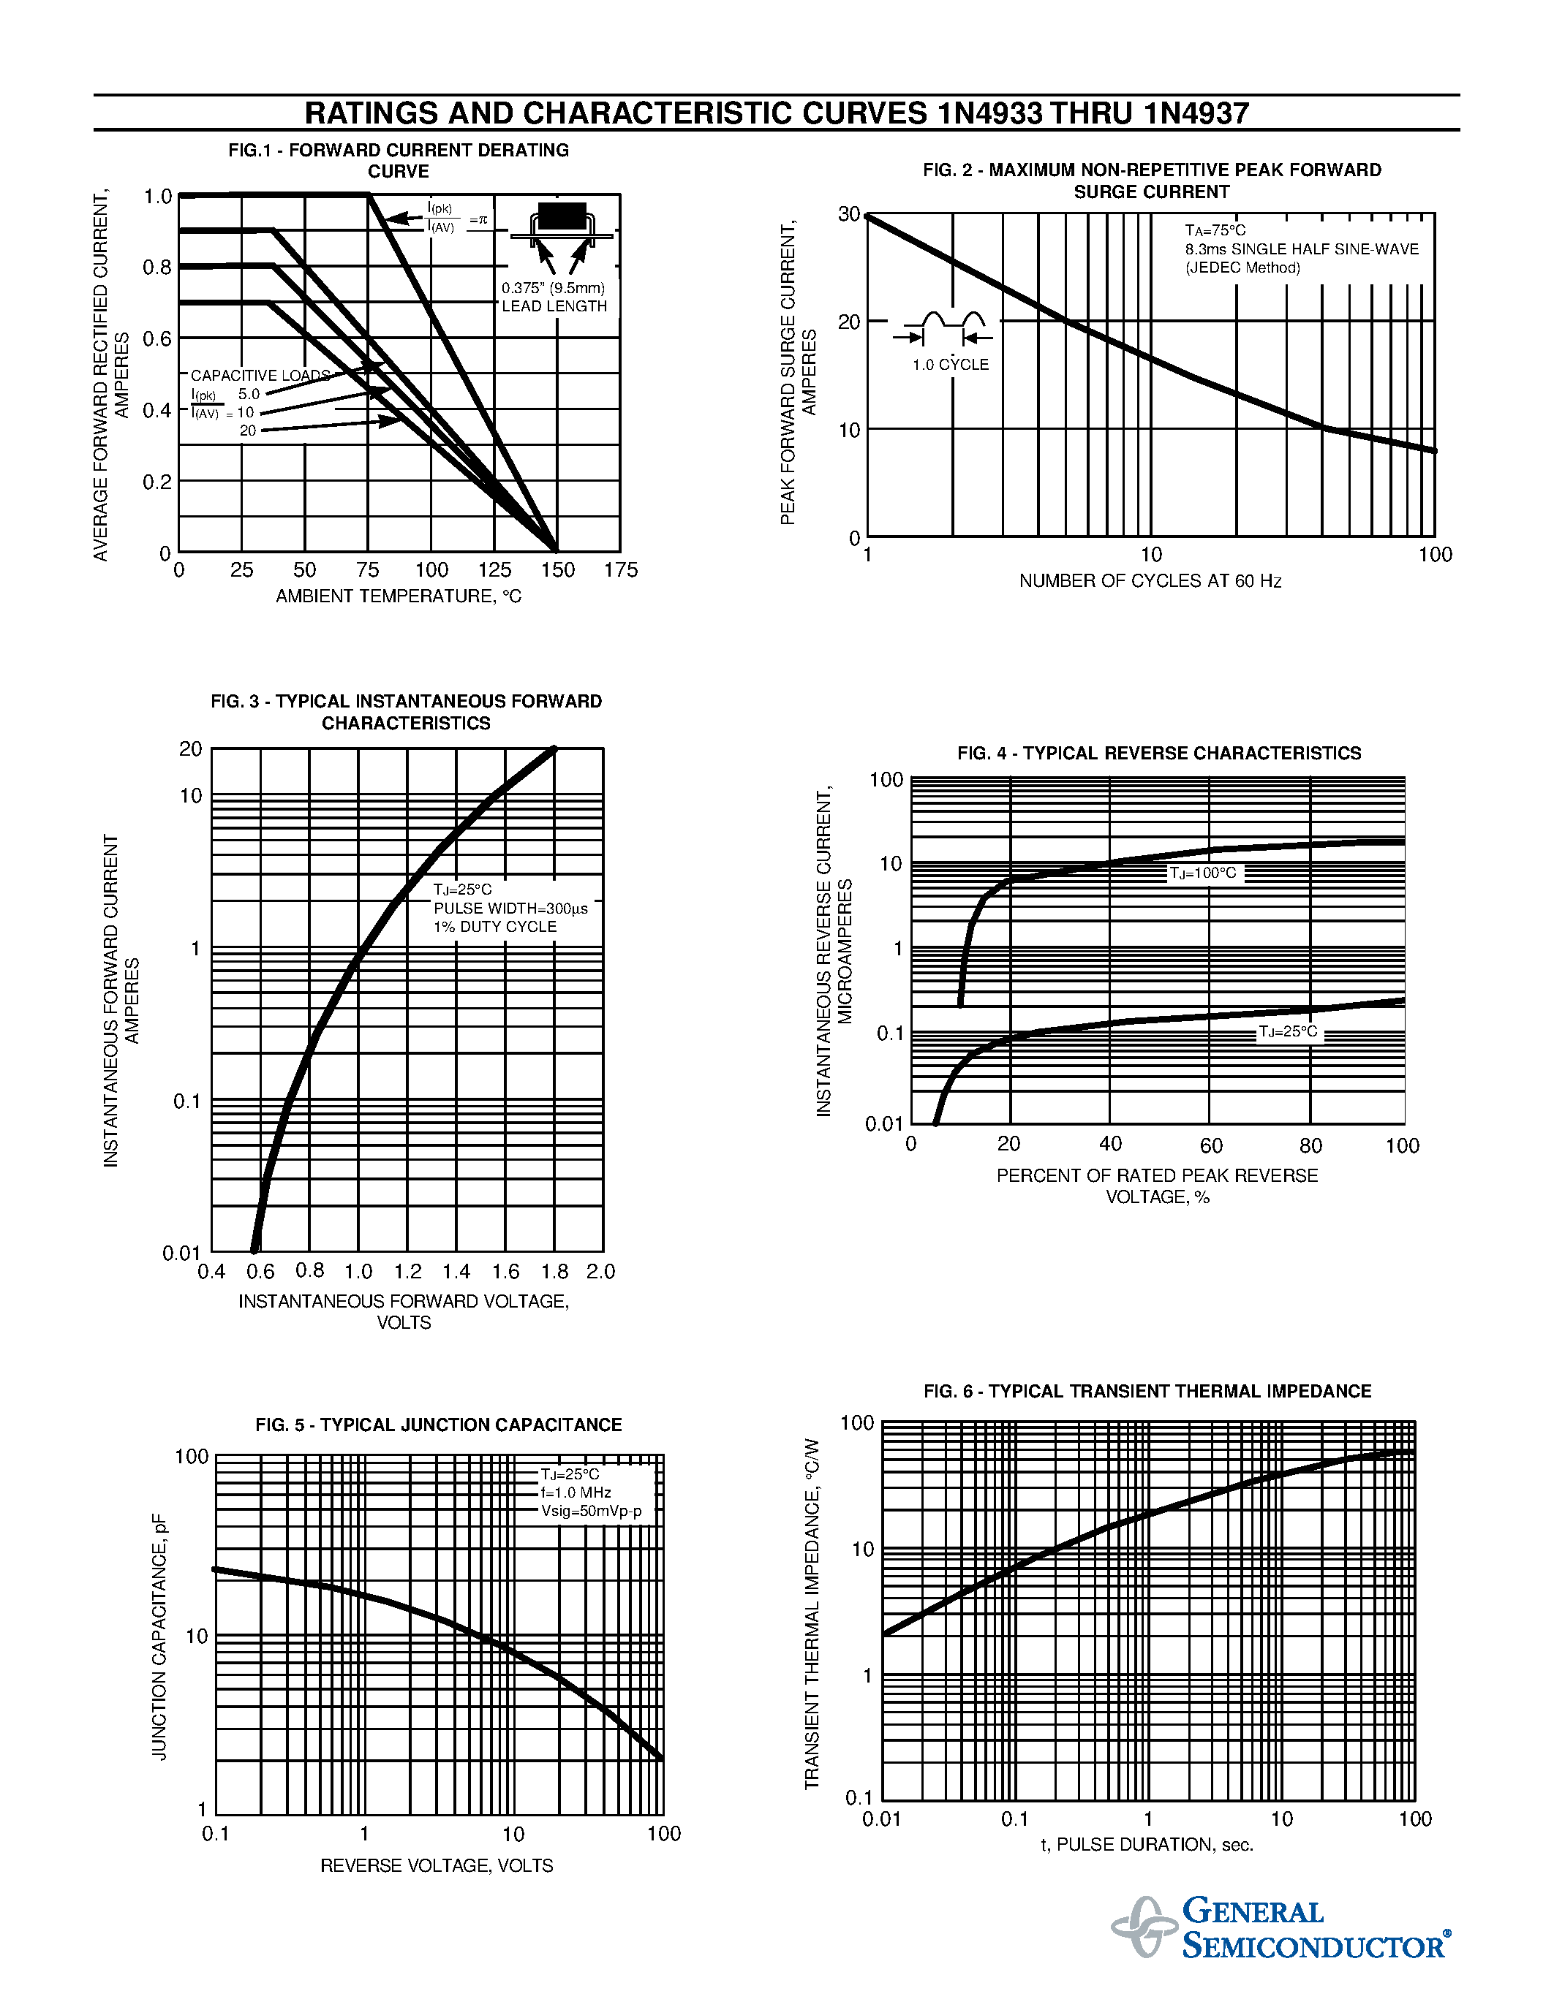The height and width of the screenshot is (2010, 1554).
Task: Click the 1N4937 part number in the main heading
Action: [1196, 113]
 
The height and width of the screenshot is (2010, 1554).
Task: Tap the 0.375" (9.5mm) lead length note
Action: [554, 288]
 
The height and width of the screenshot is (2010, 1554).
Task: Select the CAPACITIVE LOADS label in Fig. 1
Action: [260, 376]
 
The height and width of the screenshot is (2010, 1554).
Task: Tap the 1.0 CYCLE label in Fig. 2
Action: [950, 365]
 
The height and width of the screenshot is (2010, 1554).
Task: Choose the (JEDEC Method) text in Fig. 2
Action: [1242, 268]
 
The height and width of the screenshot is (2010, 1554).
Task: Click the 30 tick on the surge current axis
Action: [848, 214]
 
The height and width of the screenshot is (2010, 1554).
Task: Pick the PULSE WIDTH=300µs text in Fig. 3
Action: [510, 909]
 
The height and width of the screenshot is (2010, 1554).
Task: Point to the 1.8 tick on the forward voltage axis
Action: [554, 1271]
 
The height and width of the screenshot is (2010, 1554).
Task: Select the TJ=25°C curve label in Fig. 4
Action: [1288, 1032]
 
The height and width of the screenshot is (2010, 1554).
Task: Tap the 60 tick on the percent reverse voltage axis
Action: [1210, 1145]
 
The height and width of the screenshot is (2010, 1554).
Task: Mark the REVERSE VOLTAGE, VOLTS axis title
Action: [437, 1865]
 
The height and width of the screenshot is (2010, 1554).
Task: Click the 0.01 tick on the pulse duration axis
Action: [881, 1819]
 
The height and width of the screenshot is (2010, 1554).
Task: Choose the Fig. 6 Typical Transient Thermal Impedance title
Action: [1147, 1391]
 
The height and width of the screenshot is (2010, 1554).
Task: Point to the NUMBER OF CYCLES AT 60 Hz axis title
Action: [1150, 581]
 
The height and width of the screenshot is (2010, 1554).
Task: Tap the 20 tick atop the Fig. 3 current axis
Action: [191, 749]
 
